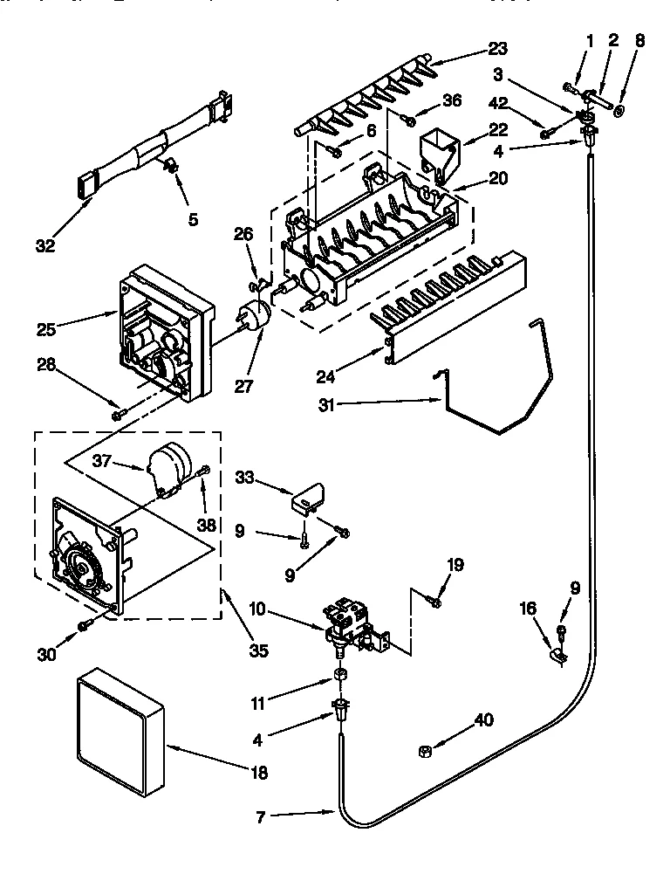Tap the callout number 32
(x=44, y=246)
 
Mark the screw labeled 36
(x=407, y=116)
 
